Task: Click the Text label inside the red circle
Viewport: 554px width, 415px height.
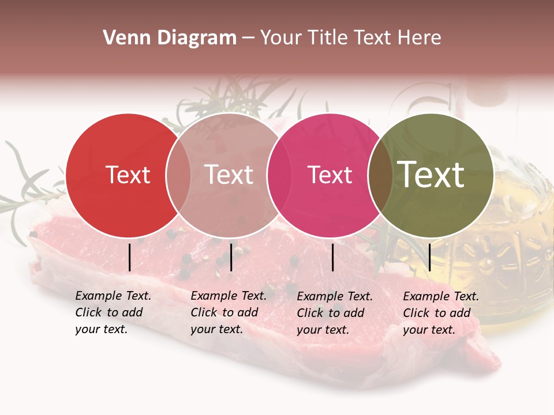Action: click(x=128, y=175)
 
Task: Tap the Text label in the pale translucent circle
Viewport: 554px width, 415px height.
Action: click(x=229, y=175)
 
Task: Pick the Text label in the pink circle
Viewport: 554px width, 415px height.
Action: click(x=330, y=175)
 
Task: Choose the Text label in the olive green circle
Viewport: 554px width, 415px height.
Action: click(x=431, y=175)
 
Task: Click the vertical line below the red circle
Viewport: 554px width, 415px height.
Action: click(x=129, y=257)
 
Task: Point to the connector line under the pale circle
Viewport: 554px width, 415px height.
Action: click(x=231, y=257)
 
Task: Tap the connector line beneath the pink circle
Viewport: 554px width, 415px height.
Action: click(x=333, y=257)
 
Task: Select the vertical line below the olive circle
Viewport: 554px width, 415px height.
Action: click(x=430, y=257)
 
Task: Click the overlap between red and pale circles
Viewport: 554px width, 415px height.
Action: click(x=178, y=175)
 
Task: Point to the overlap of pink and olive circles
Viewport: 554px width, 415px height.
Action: click(x=380, y=175)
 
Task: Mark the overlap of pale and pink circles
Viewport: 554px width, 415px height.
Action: click(x=279, y=175)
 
